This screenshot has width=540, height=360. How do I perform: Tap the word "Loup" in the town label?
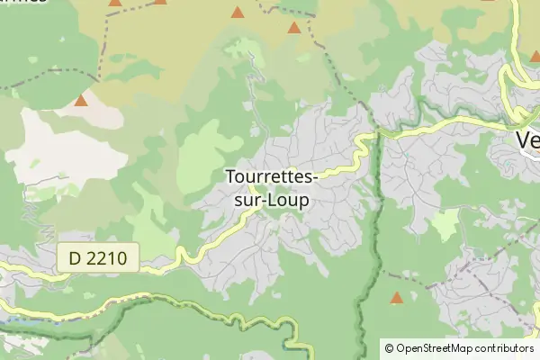[x=287, y=201]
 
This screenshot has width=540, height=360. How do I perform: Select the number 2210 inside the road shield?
[x=113, y=259]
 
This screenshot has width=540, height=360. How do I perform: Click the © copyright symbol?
[x=389, y=347]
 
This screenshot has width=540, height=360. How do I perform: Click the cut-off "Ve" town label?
[x=527, y=139]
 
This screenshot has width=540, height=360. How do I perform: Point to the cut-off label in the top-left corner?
[x=22, y=3]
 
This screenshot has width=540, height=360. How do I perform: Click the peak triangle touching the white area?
[x=81, y=100]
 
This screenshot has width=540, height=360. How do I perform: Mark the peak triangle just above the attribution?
[x=396, y=298]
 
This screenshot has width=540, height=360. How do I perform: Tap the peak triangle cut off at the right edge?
[x=535, y=56]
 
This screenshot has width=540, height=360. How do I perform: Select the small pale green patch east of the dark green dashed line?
[x=444, y=227]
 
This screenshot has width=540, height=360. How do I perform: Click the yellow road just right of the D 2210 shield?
[x=162, y=262]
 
